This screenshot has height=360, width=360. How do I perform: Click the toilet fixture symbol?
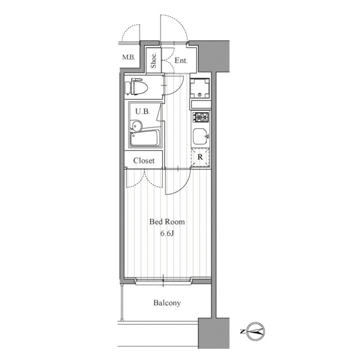pyautogui.click(x=136, y=87)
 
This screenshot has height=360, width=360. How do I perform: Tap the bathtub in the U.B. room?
pyautogui.click(x=145, y=138)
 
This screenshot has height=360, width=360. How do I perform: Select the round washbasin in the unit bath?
pyautogui.click(x=137, y=126)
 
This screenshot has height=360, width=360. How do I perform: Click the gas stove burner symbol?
pyautogui.click(x=201, y=118)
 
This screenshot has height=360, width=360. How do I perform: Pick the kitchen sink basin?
pyautogui.click(x=200, y=136)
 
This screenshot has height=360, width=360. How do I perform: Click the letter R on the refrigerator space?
pyautogui.click(x=200, y=157)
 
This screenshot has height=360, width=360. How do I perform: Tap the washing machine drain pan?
pyautogui.click(x=200, y=89)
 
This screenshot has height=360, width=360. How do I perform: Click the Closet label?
pyautogui.click(x=144, y=160)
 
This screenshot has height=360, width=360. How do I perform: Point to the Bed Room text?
pyautogui.click(x=167, y=222)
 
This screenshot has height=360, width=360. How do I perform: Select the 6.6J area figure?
pyautogui.click(x=167, y=233)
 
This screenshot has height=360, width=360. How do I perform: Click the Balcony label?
pyautogui.click(x=167, y=303)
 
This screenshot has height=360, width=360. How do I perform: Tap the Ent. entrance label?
pyautogui.click(x=181, y=60)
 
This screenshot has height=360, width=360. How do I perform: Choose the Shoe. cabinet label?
pyautogui.click(x=154, y=61)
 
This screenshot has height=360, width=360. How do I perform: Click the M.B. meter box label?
pyautogui.click(x=129, y=57)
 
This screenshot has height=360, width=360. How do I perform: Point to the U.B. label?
pyautogui.click(x=143, y=111)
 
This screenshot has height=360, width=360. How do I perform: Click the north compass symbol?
pyautogui.click(x=255, y=331)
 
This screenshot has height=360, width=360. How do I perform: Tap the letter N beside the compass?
pyautogui.click(x=242, y=331)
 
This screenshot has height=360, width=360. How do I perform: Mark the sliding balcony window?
pyautogui.click(x=163, y=281)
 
